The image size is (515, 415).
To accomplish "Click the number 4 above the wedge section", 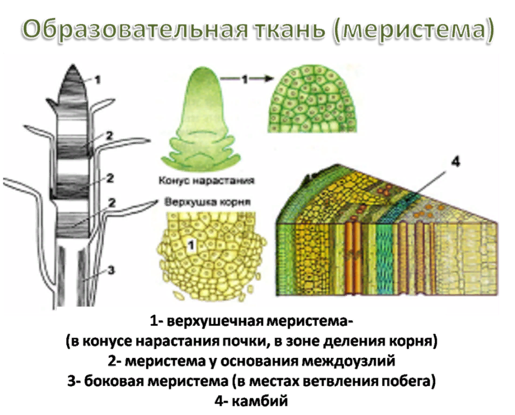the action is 456,162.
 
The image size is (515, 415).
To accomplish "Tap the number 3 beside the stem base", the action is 112,270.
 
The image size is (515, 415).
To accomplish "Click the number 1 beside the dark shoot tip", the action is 97,79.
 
